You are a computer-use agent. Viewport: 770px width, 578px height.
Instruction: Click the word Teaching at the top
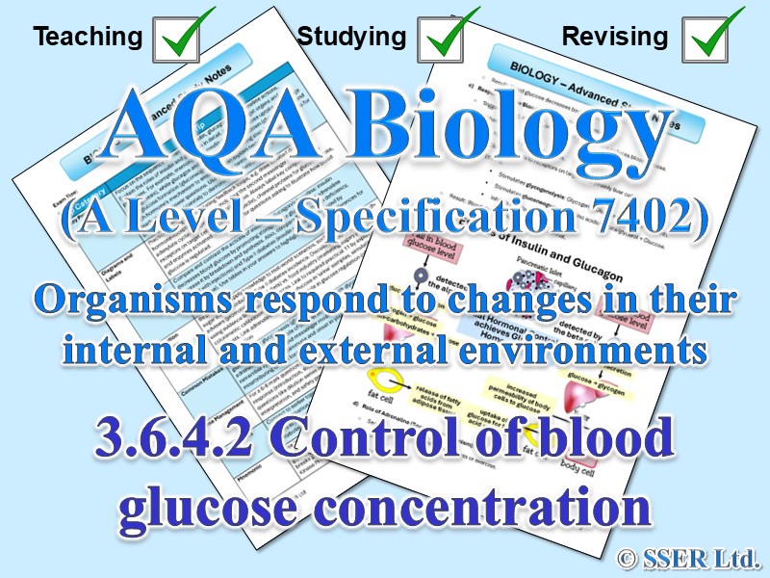[x=88, y=38]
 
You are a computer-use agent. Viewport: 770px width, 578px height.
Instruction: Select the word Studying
[x=351, y=38]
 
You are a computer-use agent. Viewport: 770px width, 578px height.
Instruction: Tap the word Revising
[x=614, y=38]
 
